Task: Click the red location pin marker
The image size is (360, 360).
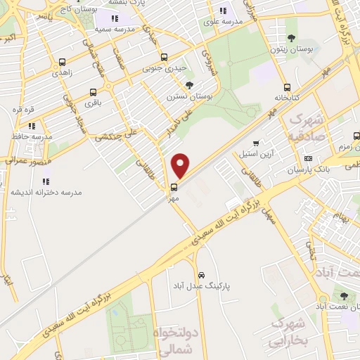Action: coord(181,165)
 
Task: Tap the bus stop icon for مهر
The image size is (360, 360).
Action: coord(173,186)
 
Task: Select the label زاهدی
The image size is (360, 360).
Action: coord(66,73)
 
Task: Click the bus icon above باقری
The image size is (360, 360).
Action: coord(94,92)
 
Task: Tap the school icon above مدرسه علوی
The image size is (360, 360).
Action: coord(223,11)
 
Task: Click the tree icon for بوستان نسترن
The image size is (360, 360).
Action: coord(189,84)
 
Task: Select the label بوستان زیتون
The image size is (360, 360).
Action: coord(288,49)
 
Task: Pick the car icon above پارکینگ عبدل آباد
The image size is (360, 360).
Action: coord(202,274)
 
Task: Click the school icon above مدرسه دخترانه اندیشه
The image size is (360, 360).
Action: coord(47,183)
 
